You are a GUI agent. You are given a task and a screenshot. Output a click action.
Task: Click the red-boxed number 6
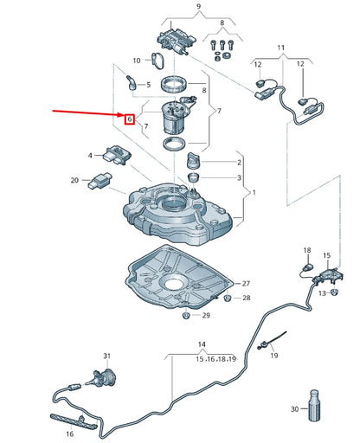pos(130,119)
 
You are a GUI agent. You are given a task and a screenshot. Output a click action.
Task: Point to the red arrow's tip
pos(125,116)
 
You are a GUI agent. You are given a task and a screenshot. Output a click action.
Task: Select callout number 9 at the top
pos(198,6)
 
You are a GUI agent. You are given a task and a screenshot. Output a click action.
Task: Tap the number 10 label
pos(137,61)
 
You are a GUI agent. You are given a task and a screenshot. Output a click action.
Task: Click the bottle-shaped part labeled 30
pos(314,405)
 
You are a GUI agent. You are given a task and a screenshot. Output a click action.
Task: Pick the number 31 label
pos(107,356)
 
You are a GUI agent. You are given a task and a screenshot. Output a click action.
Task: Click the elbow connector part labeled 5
pos(131,82)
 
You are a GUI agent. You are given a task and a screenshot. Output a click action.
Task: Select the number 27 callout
pos(246,284)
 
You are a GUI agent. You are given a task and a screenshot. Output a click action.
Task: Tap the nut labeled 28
pos(228,298)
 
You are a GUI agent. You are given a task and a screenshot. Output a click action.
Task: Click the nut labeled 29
pos(186,315)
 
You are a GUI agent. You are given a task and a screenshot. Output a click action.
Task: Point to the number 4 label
pos(90,156)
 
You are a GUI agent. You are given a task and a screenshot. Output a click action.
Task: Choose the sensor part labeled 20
pos(100,181)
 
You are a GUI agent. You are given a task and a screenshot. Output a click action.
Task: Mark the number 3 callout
pos(239,177)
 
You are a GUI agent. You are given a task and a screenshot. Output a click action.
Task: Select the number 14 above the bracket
pos(202,344)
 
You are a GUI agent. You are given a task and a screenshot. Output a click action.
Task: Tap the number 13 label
pos(322,293)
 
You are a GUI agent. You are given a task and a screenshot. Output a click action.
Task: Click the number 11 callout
pos(281,48)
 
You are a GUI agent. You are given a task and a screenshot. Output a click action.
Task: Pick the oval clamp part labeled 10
pos(157,61)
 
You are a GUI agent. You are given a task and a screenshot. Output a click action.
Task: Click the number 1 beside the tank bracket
pos(254,192)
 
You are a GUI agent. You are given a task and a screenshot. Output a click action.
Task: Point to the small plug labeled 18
pos(308,266)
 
